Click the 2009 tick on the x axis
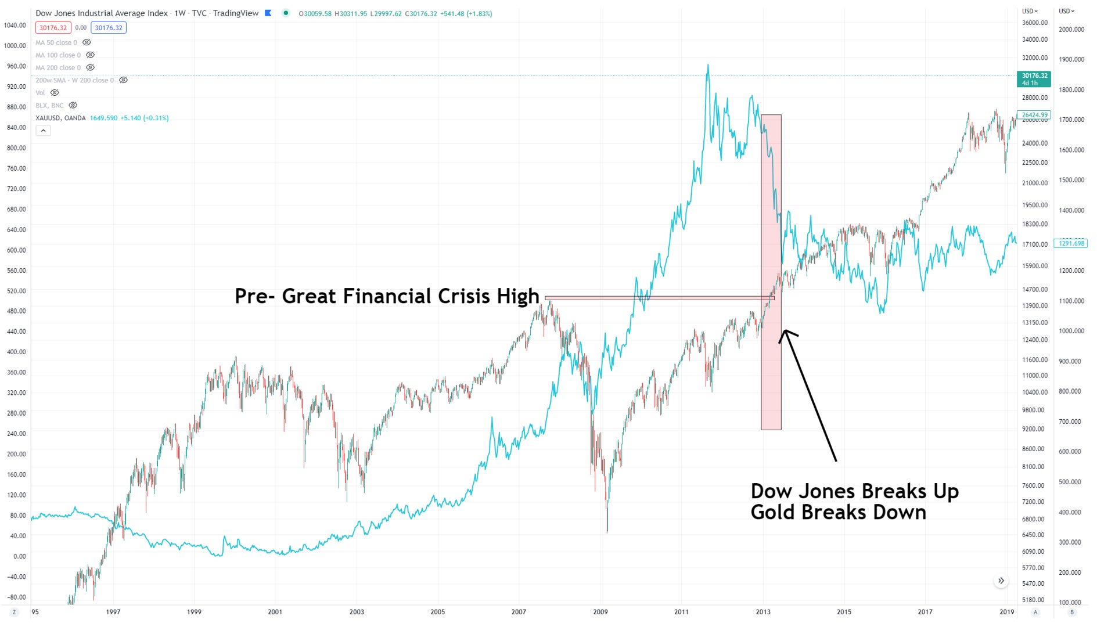(x=600, y=612)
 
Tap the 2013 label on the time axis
(x=762, y=612)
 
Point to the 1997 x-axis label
(x=113, y=612)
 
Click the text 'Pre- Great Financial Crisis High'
(x=387, y=296)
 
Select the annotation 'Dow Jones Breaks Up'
(x=854, y=491)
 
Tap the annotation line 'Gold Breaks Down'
(x=838, y=513)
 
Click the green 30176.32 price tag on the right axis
(x=1034, y=79)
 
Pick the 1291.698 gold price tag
(x=1071, y=243)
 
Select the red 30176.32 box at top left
(x=53, y=28)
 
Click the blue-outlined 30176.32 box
(x=109, y=28)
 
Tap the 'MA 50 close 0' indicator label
(x=56, y=42)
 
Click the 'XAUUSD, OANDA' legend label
(x=60, y=118)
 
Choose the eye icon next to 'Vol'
(x=55, y=93)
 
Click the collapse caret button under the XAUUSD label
(x=43, y=131)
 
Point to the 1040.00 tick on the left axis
(x=15, y=26)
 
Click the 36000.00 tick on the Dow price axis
(x=1035, y=23)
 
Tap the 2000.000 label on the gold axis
(x=1071, y=30)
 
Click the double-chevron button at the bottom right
(x=1001, y=581)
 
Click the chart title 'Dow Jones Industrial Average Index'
(x=102, y=13)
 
